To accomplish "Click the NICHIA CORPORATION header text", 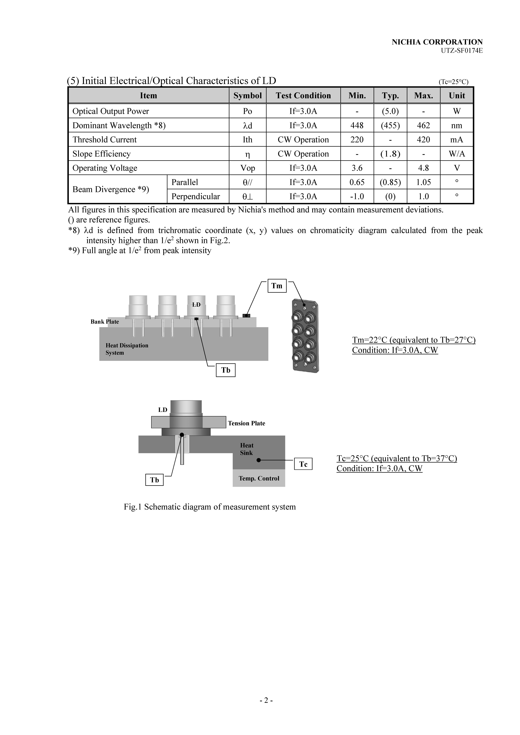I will (x=437, y=42).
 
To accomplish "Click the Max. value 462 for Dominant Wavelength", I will (x=423, y=125).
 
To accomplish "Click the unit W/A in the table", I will (x=457, y=154).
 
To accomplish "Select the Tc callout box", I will (x=303, y=464).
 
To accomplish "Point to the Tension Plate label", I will (x=246, y=423).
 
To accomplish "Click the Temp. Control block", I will (x=259, y=478).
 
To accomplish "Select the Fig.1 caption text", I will (x=210, y=507).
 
